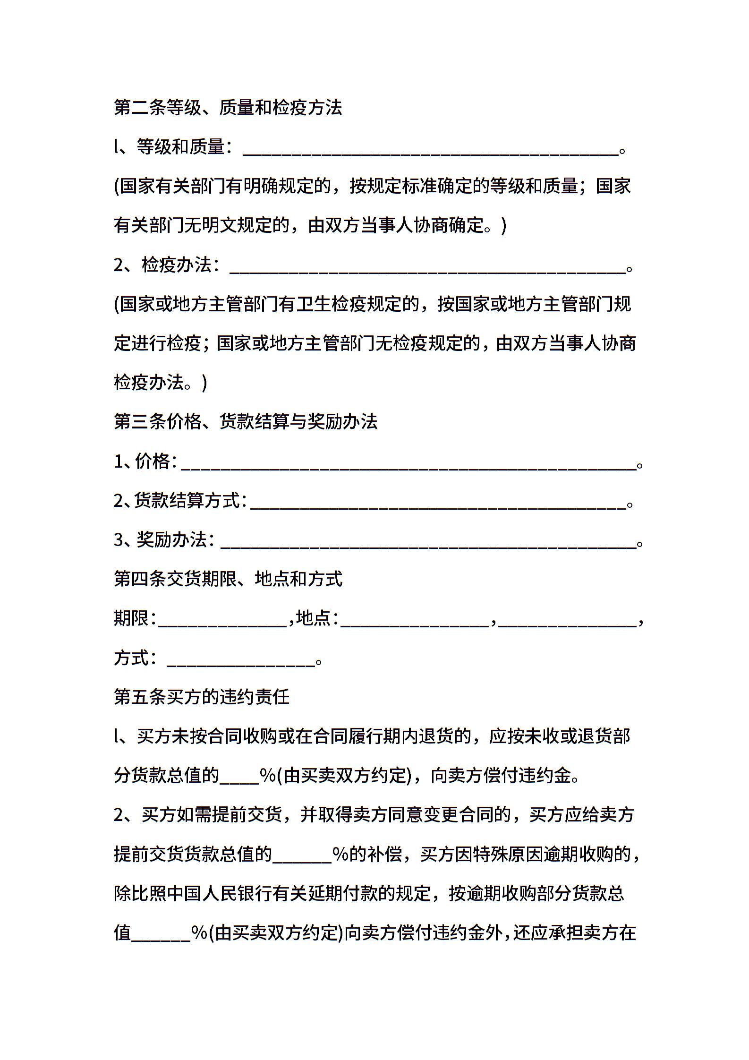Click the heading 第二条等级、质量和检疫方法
(228, 108)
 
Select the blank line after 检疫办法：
(427, 268)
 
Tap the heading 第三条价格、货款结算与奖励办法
(246, 421)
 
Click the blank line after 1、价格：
(409, 465)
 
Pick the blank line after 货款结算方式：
(438, 504)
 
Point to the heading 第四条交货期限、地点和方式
(228, 579)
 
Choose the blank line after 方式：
(241, 661)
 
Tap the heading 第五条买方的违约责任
(202, 697)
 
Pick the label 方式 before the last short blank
(131, 658)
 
